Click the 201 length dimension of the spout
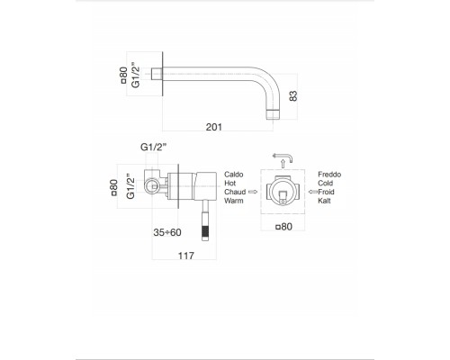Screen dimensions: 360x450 point(213,128)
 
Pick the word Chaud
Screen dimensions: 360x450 point(232,192)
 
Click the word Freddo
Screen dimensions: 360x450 point(330,170)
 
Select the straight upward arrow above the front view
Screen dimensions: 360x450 point(283,163)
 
